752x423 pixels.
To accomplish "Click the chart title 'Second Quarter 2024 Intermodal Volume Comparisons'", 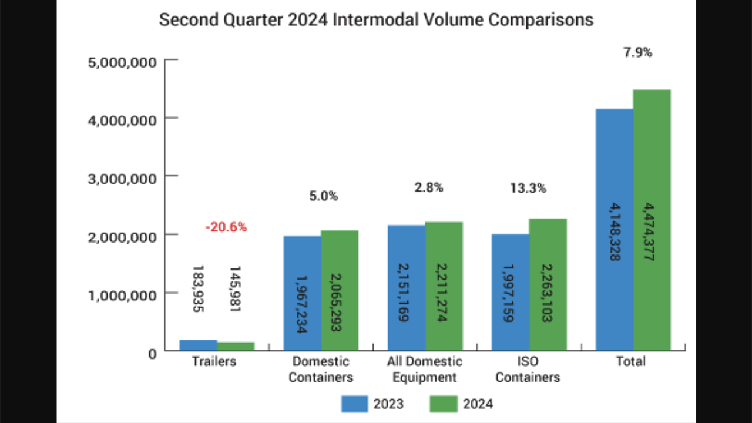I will click(376, 19).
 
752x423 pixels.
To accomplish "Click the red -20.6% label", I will click(226, 227).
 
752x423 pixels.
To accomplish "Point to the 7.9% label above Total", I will click(637, 52).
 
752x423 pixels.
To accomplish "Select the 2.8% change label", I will click(428, 187).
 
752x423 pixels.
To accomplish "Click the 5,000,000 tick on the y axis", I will click(122, 61).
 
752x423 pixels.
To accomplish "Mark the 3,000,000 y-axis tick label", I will click(122, 177).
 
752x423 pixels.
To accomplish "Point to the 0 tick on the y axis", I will click(152, 352).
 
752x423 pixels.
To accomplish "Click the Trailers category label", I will click(214, 361).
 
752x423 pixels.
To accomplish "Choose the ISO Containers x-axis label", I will click(527, 369).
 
